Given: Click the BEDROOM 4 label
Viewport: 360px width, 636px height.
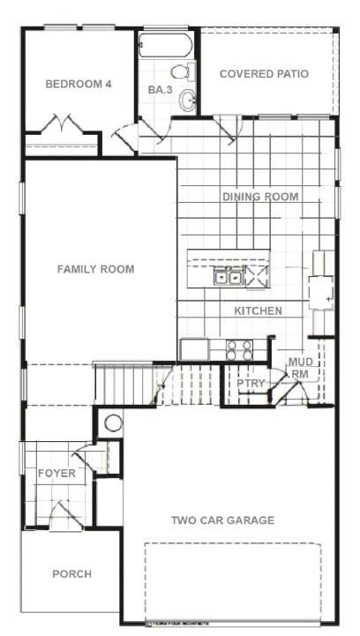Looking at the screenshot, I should coord(79,85).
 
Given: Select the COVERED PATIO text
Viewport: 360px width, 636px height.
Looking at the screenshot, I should coord(264,74).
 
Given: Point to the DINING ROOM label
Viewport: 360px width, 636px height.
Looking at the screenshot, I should coord(260,197).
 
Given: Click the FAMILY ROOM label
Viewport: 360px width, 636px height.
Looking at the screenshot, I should coord(96,269).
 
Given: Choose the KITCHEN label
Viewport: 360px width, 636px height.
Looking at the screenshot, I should coord(258,311).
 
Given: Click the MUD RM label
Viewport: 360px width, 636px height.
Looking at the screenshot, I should coord(300,369).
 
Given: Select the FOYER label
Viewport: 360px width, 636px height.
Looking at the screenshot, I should coord(56,474).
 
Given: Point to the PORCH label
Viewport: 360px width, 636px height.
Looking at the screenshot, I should coord(71,574).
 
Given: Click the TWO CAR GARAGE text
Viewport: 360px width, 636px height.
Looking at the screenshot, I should coord(222,520).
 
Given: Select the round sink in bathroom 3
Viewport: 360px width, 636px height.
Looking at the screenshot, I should coord(187,101).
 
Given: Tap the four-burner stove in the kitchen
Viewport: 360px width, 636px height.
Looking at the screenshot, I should coord(238,349).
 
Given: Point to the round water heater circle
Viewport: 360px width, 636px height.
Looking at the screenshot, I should coord(113,423).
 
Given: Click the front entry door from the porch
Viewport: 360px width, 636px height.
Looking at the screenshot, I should coord(62,513).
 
